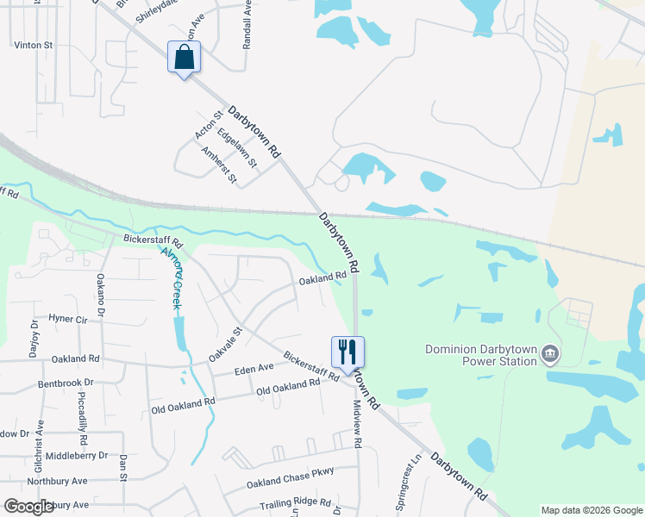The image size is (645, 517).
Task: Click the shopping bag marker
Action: (x=183, y=58)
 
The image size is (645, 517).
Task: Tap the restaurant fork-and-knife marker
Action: (x=348, y=352)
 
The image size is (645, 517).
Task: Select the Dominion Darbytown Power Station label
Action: (x=481, y=355)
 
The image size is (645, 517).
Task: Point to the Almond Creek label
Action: (x=171, y=277)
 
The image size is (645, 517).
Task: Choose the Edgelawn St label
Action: (x=237, y=148)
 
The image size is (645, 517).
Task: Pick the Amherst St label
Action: (x=218, y=165)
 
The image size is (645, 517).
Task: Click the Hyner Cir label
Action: (x=68, y=319)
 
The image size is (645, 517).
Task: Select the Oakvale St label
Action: (x=226, y=344)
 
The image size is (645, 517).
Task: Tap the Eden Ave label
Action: (x=254, y=369)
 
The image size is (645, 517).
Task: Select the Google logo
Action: (x=29, y=506)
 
